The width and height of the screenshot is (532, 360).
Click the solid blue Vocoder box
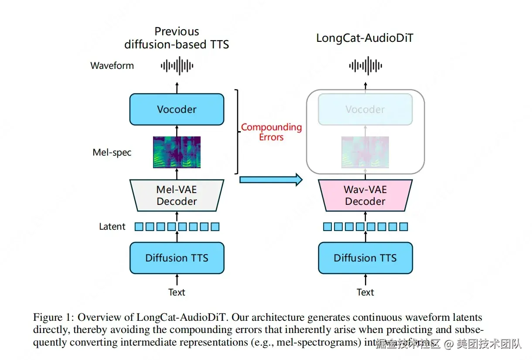(177, 109)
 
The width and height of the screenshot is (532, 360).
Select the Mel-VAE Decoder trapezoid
(177, 196)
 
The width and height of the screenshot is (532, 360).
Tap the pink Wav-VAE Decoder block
(365, 196)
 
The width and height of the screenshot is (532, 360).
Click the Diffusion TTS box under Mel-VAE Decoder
(177, 258)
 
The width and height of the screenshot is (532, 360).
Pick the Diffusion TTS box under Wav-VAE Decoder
(365, 258)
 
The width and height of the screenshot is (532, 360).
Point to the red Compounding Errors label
(271, 132)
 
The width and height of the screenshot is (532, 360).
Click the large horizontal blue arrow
(271, 179)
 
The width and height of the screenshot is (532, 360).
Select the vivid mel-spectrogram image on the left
(177, 152)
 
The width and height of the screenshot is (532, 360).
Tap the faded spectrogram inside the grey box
(365, 152)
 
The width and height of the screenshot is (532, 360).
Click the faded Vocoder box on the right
(365, 109)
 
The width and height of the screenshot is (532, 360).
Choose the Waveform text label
(112, 66)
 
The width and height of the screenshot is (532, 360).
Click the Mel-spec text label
(112, 153)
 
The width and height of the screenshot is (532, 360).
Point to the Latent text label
(112, 227)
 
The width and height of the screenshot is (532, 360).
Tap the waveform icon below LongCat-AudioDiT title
(365, 66)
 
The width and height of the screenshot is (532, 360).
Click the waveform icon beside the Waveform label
(177, 66)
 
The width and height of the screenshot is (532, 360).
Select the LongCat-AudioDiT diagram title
(365, 38)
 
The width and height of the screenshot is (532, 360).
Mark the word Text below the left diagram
(177, 292)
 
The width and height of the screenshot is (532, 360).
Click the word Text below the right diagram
(365, 292)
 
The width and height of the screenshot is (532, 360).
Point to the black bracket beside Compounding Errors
(237, 131)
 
